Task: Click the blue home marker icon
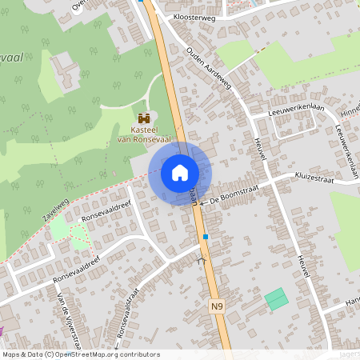[180, 173]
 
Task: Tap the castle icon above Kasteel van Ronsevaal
[144, 118]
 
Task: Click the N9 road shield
[217, 306]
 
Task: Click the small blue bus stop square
[206, 237]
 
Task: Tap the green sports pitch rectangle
[276, 299]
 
